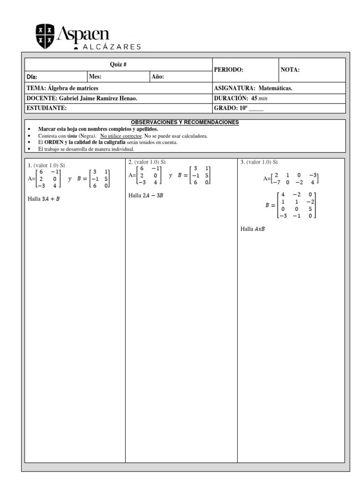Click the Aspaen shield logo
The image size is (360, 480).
coord(45,37)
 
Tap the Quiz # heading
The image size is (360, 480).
coord(118,64)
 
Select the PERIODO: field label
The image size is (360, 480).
coord(229,69)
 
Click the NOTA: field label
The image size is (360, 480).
coord(290,69)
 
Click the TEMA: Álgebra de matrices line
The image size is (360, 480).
coord(62,88)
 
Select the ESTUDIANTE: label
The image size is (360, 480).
coord(47,108)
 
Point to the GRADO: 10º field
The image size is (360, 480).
coord(239,108)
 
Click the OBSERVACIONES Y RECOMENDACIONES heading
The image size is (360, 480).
coord(185,122)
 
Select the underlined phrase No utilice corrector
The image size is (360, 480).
coord(120,136)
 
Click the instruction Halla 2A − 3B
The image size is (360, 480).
coord(146,195)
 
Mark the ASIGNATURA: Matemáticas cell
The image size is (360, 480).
coord(253,88)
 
